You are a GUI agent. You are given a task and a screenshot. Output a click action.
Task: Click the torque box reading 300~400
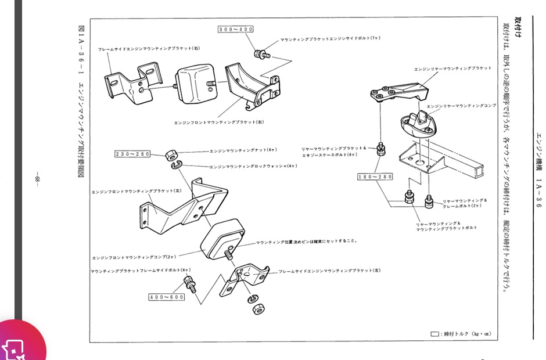235,29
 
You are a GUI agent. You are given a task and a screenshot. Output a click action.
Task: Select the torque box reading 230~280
133,154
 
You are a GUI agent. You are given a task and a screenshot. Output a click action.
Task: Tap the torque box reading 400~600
167,297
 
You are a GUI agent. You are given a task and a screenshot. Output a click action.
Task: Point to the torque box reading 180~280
375,176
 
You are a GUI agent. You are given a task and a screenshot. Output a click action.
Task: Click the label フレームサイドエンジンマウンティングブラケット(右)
149,49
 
